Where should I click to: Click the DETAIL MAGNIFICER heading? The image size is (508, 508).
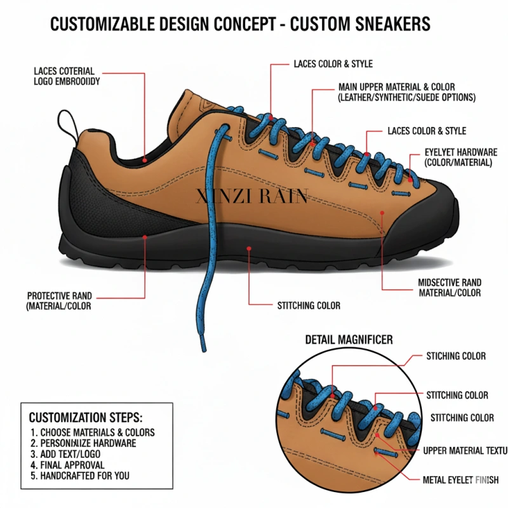(x=349, y=340)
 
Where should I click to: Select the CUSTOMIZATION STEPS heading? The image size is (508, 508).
(x=86, y=418)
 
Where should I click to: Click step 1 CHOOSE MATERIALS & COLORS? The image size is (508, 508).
(x=93, y=432)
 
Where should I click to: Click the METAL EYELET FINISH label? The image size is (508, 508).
(x=460, y=480)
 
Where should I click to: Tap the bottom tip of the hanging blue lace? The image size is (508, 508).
(x=203, y=348)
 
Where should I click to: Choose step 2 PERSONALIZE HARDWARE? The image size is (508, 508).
(x=83, y=443)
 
